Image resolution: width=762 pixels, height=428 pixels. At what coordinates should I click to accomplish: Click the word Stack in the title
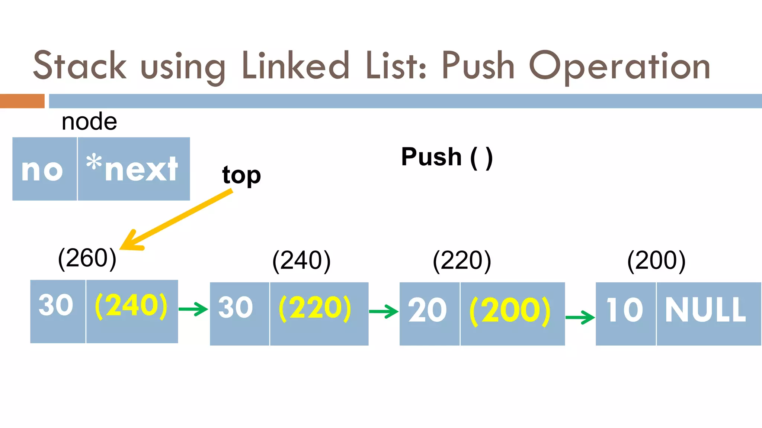[x=80, y=66]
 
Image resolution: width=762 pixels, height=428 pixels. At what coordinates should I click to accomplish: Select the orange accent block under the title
[x=22, y=101]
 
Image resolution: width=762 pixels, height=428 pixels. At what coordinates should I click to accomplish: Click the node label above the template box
[x=89, y=121]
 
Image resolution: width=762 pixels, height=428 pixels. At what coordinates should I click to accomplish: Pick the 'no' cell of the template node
[x=44, y=169]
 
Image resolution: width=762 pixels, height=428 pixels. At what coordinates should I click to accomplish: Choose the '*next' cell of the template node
[x=134, y=169]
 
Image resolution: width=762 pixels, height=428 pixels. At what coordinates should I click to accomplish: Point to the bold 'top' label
[x=241, y=175]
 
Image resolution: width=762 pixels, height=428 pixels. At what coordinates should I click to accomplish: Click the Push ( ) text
[x=447, y=157]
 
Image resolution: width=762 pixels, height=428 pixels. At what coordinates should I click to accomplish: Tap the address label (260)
[x=87, y=258]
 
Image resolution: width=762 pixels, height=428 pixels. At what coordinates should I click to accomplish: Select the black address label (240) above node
[x=301, y=260]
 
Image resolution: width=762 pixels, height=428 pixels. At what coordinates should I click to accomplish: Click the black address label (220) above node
[x=462, y=260]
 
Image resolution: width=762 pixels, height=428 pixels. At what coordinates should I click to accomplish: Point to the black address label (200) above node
[x=656, y=260]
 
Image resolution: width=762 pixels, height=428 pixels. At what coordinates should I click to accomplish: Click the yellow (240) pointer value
[x=131, y=306]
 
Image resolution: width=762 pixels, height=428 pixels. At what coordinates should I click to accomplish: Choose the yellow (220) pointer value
[x=315, y=308]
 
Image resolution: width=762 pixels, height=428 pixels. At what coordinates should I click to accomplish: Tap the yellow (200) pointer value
[x=510, y=311]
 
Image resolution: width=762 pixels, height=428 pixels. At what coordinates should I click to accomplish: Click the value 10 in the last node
[x=625, y=310]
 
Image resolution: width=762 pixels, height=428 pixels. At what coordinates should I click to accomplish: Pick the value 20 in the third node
[x=428, y=311]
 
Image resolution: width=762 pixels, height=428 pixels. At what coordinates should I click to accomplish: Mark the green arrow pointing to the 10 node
[x=580, y=317]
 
